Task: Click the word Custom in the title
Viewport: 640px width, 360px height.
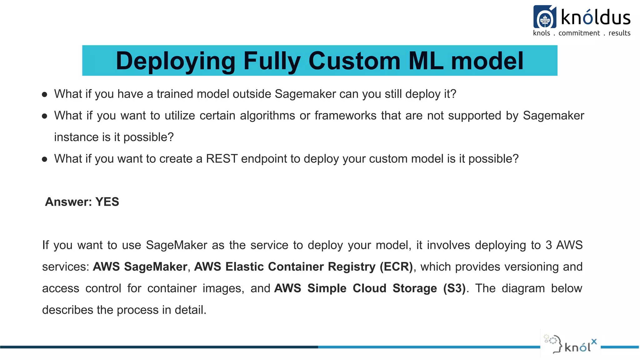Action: pyautogui.click(x=354, y=61)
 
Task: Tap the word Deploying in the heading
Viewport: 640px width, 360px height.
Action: pyautogui.click(x=175, y=61)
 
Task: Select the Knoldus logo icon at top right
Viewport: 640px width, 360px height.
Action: pyautogui.click(x=545, y=17)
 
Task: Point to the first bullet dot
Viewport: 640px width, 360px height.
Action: pyautogui.click(x=45, y=94)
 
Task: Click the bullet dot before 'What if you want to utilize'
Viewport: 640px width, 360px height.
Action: pyautogui.click(x=45, y=116)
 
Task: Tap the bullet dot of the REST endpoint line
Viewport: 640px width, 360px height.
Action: pyautogui.click(x=45, y=159)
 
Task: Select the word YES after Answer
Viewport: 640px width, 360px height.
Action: pyautogui.click(x=107, y=202)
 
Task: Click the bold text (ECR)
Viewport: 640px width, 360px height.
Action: pyautogui.click(x=396, y=267)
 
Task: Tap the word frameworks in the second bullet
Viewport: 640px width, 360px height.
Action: pyautogui.click(x=345, y=116)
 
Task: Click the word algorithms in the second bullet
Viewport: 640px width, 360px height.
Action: pyautogui.click(x=267, y=116)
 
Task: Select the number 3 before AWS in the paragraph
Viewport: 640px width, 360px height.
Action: pyautogui.click(x=549, y=245)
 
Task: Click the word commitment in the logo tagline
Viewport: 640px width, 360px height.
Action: pyautogui.click(x=579, y=33)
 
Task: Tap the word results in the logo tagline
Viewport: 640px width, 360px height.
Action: pyautogui.click(x=619, y=33)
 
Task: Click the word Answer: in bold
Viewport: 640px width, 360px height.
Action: pyautogui.click(x=68, y=202)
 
